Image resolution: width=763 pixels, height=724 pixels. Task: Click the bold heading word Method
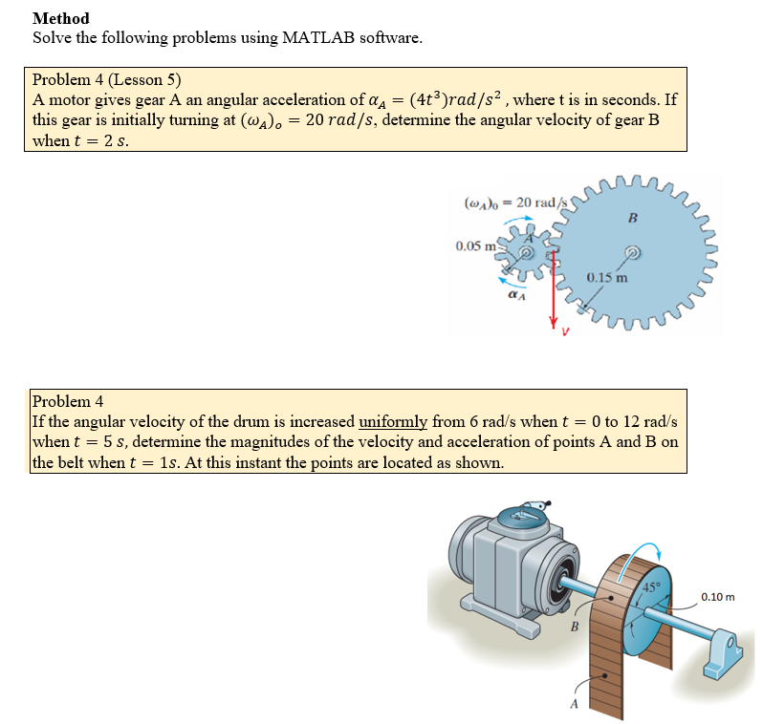60,18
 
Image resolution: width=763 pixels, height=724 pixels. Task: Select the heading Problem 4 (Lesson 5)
107,79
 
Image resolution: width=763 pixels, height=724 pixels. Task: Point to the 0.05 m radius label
475,245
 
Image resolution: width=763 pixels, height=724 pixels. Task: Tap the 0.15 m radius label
607,279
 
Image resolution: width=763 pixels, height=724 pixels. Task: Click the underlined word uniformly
394,422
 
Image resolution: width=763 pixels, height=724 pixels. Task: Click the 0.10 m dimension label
717,597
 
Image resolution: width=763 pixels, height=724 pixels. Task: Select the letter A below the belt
574,704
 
